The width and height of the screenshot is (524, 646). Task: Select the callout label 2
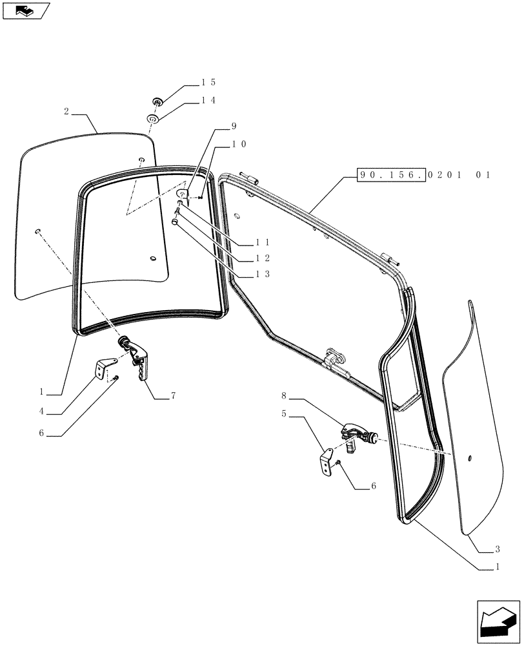[x=66, y=111]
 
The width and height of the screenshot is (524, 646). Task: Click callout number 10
[x=239, y=145]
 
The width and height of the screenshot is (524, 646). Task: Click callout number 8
[x=283, y=394]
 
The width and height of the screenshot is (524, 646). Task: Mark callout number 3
[x=497, y=549]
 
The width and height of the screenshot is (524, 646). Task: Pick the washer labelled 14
[x=152, y=120]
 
